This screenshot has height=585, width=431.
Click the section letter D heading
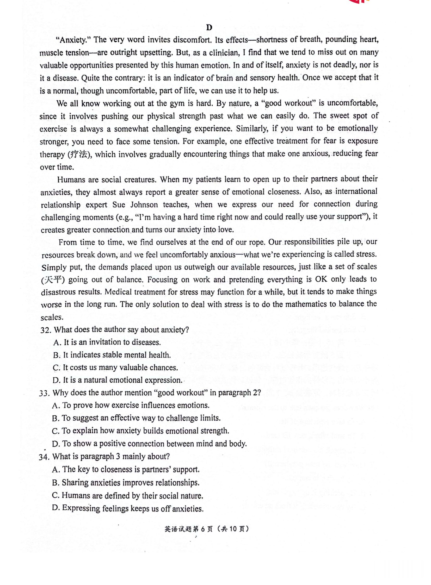tap(209, 27)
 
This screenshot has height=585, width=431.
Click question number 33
tap(44, 393)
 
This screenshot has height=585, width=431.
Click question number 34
tap(44, 457)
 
